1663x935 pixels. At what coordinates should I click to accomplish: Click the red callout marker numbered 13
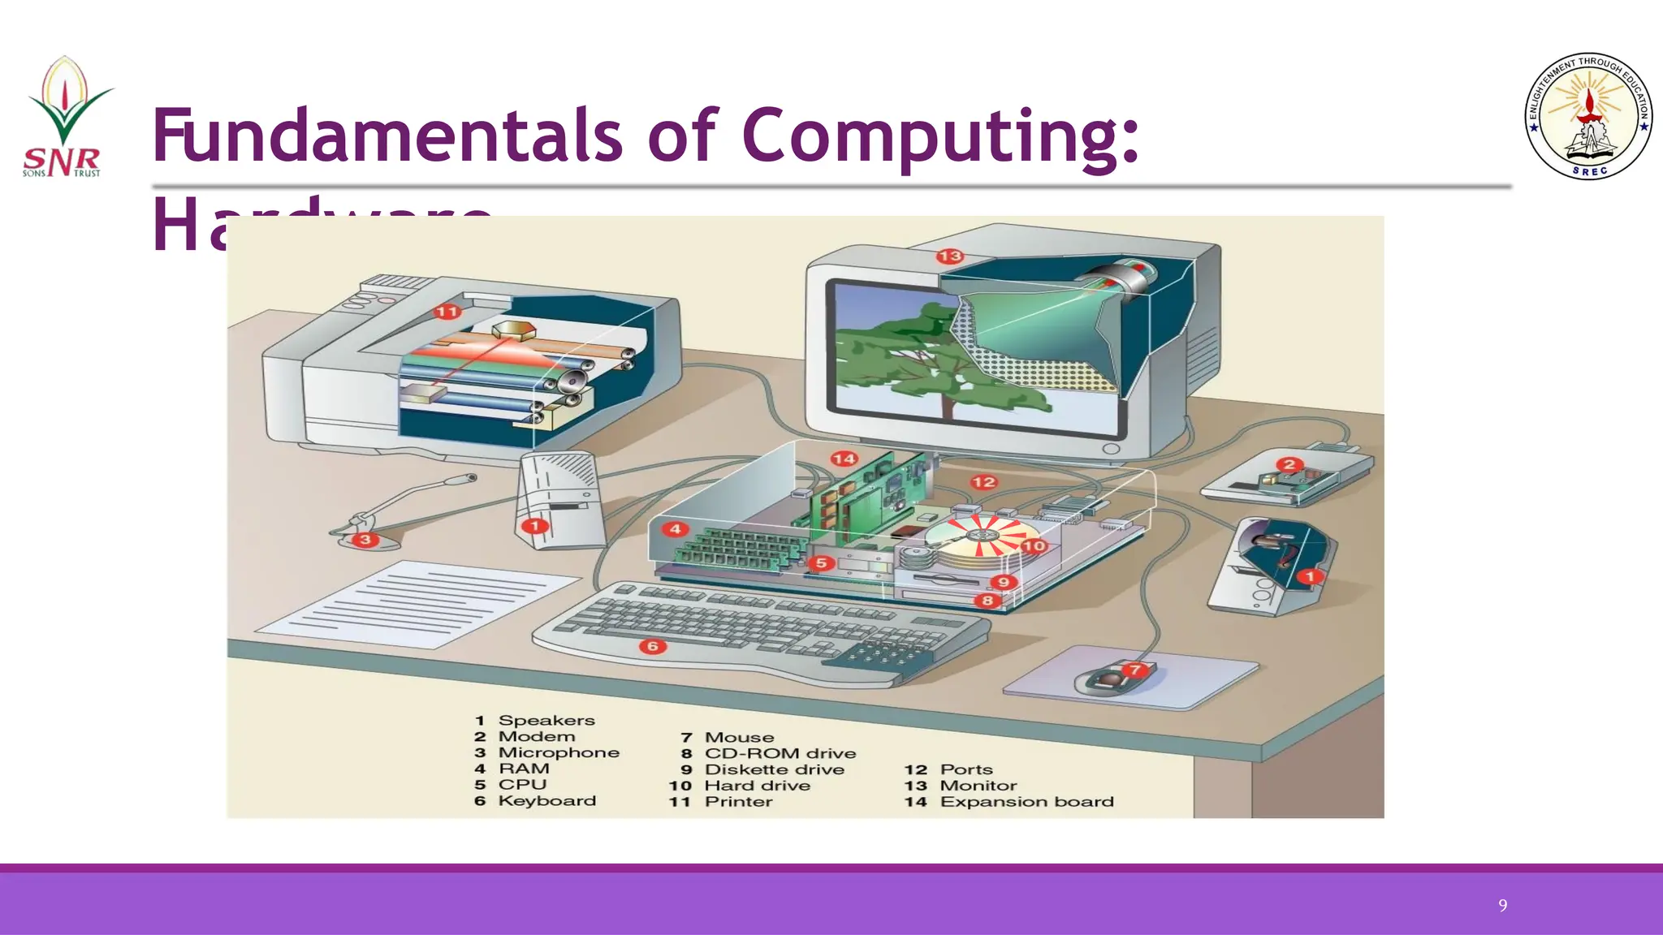[x=949, y=256]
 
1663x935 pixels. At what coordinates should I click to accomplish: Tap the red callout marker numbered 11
[x=447, y=312]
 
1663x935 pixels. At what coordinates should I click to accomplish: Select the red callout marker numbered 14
[x=844, y=459]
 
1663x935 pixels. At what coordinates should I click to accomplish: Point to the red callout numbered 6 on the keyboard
[x=652, y=646]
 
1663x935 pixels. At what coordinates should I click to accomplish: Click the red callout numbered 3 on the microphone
[x=365, y=539]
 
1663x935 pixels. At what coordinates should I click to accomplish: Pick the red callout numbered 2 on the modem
[x=1289, y=465]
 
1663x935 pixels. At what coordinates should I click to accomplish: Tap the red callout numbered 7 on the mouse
[x=1134, y=670]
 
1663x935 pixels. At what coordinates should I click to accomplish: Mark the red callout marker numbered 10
[x=1034, y=545]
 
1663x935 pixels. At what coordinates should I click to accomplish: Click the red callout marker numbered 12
[x=983, y=482]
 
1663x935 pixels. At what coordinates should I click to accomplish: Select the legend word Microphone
[x=559, y=752]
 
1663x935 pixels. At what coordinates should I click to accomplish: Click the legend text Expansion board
[x=1026, y=802]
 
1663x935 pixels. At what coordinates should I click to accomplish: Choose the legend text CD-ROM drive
[x=780, y=753]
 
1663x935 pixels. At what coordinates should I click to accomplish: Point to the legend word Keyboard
[x=546, y=801]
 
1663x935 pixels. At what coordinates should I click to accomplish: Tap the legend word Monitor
[x=978, y=786]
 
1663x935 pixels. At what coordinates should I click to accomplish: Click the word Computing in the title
[x=940, y=135]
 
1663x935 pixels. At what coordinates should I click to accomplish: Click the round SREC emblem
[x=1588, y=116]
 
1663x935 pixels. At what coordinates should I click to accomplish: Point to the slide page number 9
[x=1503, y=906]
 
